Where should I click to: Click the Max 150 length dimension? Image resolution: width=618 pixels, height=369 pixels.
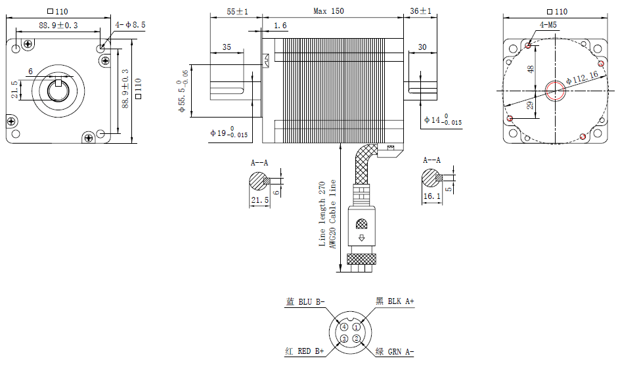point(328,11)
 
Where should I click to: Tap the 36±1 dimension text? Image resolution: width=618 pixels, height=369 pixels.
point(420,11)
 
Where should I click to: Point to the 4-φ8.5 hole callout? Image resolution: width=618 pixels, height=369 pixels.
point(131,24)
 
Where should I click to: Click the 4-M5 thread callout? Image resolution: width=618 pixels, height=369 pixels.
point(548,25)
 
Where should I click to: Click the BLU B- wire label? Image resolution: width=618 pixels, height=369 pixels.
point(305,301)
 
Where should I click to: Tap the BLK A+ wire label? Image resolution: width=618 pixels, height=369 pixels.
point(395,301)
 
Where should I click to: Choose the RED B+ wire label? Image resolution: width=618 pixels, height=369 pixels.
point(305,351)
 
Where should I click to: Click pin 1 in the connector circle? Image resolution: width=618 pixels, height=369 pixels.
point(356,326)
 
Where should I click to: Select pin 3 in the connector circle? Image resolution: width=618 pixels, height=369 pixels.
point(343,339)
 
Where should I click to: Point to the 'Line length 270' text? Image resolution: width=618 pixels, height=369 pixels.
point(322,213)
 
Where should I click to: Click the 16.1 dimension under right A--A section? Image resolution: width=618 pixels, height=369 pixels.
point(430,196)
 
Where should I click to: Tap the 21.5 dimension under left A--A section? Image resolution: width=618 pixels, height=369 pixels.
point(260,200)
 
